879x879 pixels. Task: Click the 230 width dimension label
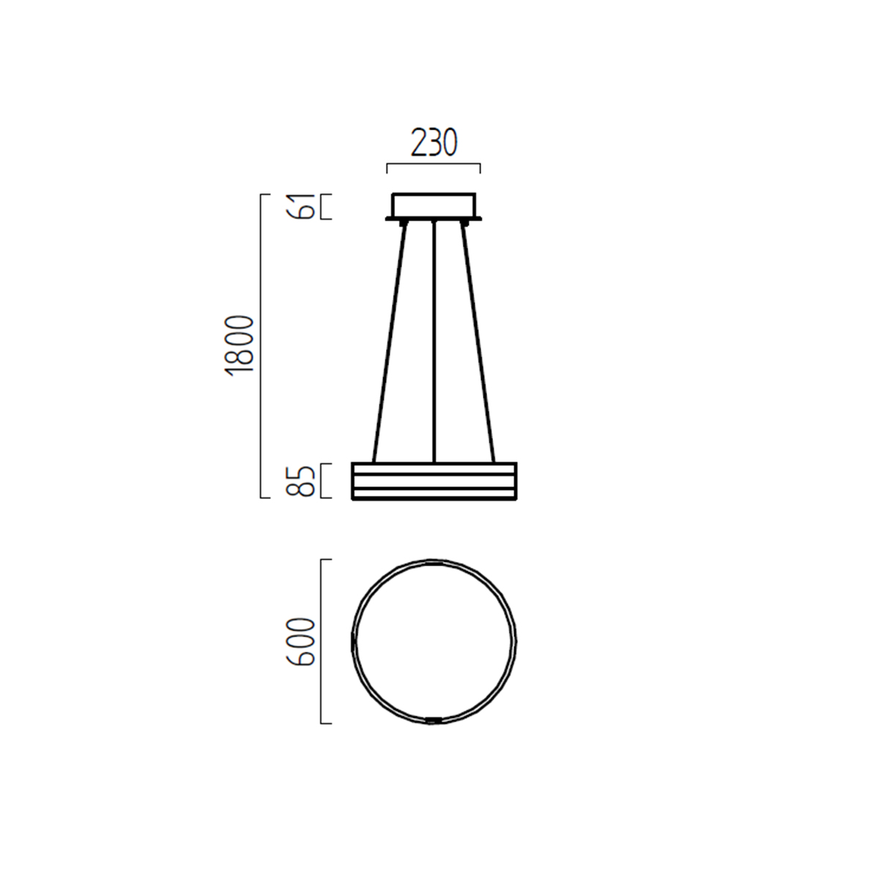click(x=434, y=142)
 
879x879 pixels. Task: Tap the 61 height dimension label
click(x=300, y=206)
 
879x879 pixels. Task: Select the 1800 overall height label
click(x=239, y=346)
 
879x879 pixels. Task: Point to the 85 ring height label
click(x=300, y=481)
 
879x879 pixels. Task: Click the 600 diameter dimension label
click(x=300, y=642)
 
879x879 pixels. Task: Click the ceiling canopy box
click(x=434, y=205)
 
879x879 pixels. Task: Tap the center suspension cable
click(x=434, y=342)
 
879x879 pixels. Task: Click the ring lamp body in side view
click(x=434, y=481)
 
